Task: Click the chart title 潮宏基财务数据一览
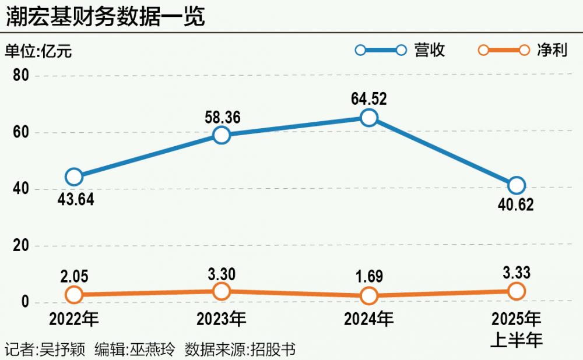pos(106,16)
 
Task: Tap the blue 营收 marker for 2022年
pos(74,177)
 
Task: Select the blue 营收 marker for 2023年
pos(222,135)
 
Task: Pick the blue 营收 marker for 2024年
pos(369,118)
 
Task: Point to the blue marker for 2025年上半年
pos(517,185)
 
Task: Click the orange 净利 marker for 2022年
pos(74,294)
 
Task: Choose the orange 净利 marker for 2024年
pos(369,295)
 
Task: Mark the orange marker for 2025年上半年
pos(517,291)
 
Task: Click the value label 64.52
pos(369,98)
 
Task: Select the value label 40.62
pos(516,205)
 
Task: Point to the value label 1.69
pos(369,276)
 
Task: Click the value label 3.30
pos(222,271)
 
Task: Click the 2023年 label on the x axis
pos(221,319)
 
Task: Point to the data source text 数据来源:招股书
pos(240,350)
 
